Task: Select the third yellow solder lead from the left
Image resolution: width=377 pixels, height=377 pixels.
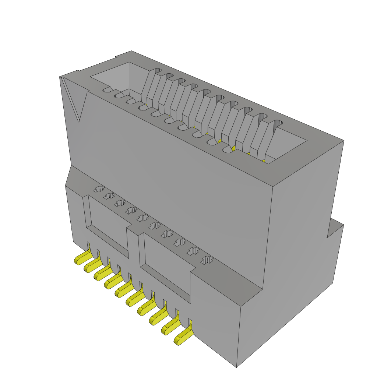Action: (102, 274)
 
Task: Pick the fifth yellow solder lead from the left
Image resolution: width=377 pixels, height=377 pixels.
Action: (123, 291)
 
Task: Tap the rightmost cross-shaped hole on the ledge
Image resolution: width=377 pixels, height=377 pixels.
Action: (207, 260)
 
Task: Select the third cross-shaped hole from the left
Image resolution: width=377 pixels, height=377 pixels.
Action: (119, 203)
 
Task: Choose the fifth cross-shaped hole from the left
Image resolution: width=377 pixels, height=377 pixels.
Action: (142, 218)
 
